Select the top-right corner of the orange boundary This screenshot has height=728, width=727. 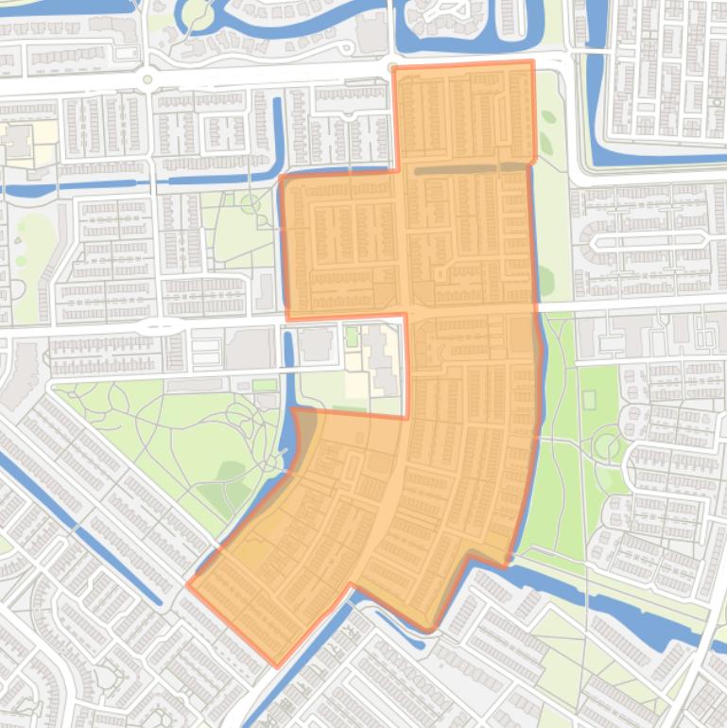[532, 62]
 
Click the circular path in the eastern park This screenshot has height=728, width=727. [603, 442]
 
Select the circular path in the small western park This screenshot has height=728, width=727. [251, 202]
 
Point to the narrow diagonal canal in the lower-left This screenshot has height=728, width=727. [85, 529]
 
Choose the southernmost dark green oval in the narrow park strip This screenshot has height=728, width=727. [545, 279]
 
